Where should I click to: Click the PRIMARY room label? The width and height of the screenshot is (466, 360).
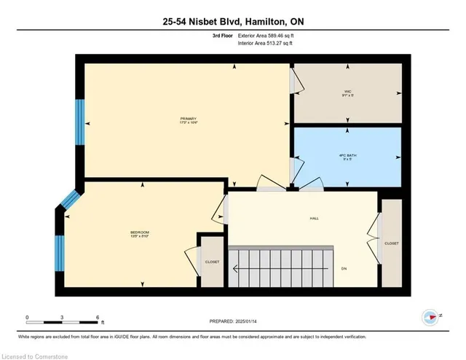[189, 120]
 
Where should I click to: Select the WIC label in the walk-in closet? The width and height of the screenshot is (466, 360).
[348, 93]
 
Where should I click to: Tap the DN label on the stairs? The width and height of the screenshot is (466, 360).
[343, 267]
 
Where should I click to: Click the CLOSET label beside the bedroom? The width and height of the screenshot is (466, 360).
[212, 261]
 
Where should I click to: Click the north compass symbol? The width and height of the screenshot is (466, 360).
[430, 317]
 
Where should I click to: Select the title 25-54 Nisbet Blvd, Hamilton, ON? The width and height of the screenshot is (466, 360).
[232, 22]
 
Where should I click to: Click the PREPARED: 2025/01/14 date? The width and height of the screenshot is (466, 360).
[232, 321]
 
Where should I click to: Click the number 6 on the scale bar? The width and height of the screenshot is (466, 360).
[98, 317]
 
